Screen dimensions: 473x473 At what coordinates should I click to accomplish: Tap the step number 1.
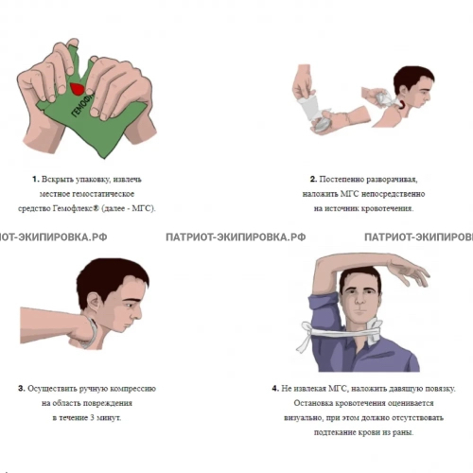pyautogui.click(x=35, y=179)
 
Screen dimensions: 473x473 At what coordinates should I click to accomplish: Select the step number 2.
pyautogui.click(x=313, y=179)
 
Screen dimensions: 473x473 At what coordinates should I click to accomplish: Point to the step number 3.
pyautogui.click(x=22, y=389)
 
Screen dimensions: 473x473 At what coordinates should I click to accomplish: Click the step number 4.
pyautogui.click(x=275, y=389)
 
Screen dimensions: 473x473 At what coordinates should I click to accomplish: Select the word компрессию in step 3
pyautogui.click(x=132, y=389)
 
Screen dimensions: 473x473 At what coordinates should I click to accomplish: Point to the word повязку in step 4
pyautogui.click(x=440, y=389)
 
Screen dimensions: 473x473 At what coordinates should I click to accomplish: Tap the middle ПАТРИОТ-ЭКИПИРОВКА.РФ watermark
pyautogui.click(x=236, y=237)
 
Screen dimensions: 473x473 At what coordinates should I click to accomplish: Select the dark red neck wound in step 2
pyautogui.click(x=402, y=105)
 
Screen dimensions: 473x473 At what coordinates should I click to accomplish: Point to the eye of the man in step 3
pyautogui.click(x=130, y=306)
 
